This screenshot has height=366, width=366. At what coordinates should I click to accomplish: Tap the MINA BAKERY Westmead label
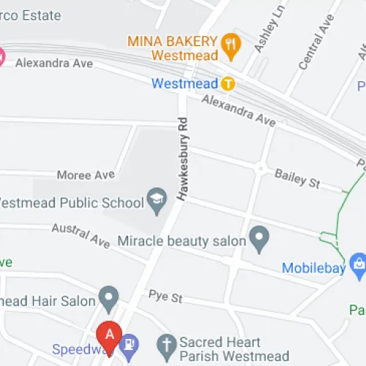point(174,47)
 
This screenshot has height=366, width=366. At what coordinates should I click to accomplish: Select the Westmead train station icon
point(228,83)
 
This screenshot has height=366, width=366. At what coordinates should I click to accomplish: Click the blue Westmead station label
point(185,83)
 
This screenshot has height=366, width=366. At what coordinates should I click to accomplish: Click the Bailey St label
point(297,178)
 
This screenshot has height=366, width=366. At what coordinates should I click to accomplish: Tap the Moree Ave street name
point(86,175)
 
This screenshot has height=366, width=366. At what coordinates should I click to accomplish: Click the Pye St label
point(165,299)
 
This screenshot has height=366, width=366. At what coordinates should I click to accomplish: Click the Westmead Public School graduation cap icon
point(156,198)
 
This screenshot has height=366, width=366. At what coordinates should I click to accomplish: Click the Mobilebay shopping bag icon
point(358,265)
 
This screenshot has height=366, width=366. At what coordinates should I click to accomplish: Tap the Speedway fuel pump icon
point(130,343)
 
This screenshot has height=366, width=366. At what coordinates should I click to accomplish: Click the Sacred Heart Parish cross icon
point(167,344)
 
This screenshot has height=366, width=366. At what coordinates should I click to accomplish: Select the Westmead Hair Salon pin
point(109,297)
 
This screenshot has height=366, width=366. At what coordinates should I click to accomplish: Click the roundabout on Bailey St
point(260,169)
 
